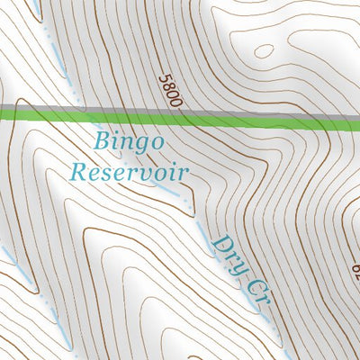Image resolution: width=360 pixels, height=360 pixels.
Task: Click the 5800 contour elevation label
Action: click(x=170, y=91)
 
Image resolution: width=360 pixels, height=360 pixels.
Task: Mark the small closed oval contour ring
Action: click(x=265, y=51)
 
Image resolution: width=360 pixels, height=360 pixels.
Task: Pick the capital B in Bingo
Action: click(x=100, y=140)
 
